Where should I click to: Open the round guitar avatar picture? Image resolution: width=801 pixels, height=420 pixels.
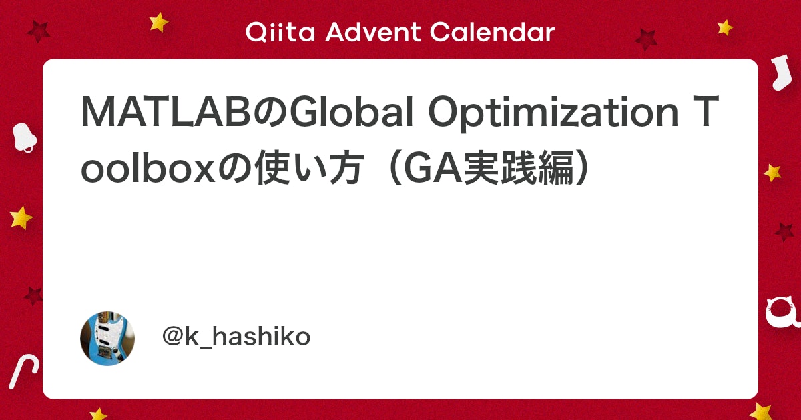(107, 338)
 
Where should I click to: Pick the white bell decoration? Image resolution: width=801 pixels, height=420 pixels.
(24, 137)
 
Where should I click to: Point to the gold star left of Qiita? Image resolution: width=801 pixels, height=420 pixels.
(159, 22)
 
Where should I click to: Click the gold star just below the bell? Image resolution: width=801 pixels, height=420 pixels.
(21, 217)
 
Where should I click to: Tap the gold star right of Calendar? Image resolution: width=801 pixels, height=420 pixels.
(725, 27)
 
